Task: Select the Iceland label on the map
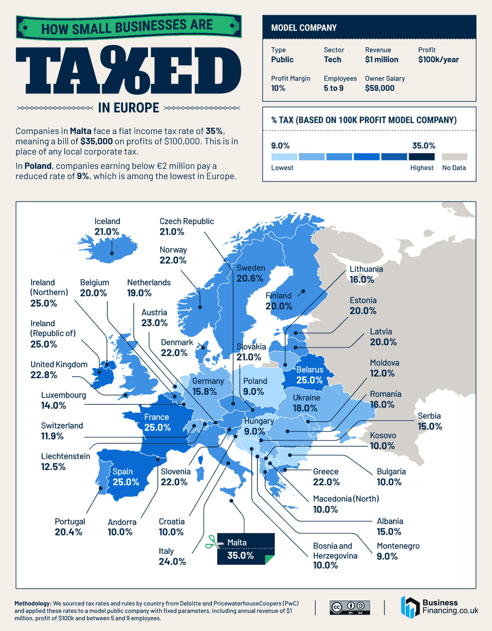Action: pyautogui.click(x=107, y=221)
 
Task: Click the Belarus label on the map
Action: pyautogui.click(x=309, y=370)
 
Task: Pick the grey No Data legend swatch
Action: pyautogui.click(x=454, y=157)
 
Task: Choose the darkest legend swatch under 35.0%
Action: pyautogui.click(x=421, y=157)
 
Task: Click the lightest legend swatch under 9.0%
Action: pyautogui.click(x=284, y=157)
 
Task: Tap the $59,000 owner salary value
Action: pyautogui.click(x=379, y=88)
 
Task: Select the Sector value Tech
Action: pyautogui.click(x=333, y=59)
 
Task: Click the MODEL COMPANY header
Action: pyautogui.click(x=304, y=27)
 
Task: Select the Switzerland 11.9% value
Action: pyautogui.click(x=52, y=436)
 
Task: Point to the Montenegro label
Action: pyautogui.click(x=398, y=546)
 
